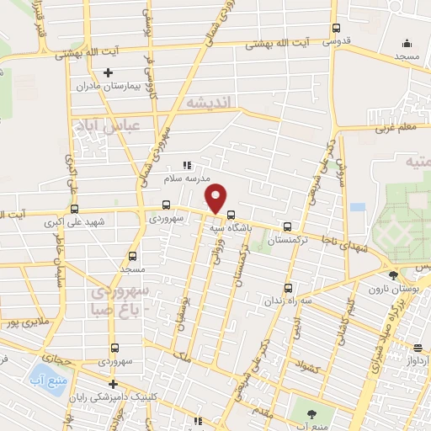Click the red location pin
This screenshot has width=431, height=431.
click(217, 199)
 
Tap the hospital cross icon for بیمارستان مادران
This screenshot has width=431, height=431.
click(107, 72)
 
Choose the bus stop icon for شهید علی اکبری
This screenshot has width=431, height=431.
click(75, 209)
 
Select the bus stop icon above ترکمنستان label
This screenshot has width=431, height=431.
click(288, 226)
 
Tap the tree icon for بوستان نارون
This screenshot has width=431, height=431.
click(392, 274)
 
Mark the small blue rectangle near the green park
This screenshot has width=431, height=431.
click(358, 207)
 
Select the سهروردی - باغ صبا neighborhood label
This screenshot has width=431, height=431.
click(117, 301)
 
